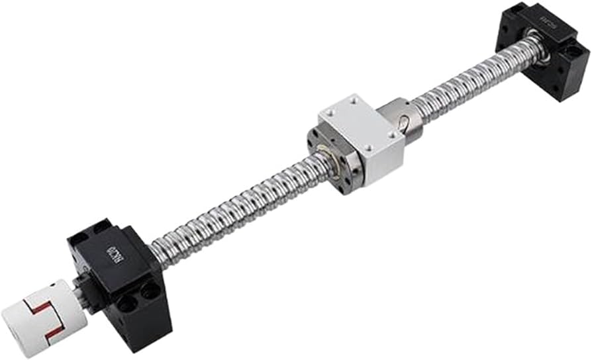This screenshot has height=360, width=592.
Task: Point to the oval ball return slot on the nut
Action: point(402,122)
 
